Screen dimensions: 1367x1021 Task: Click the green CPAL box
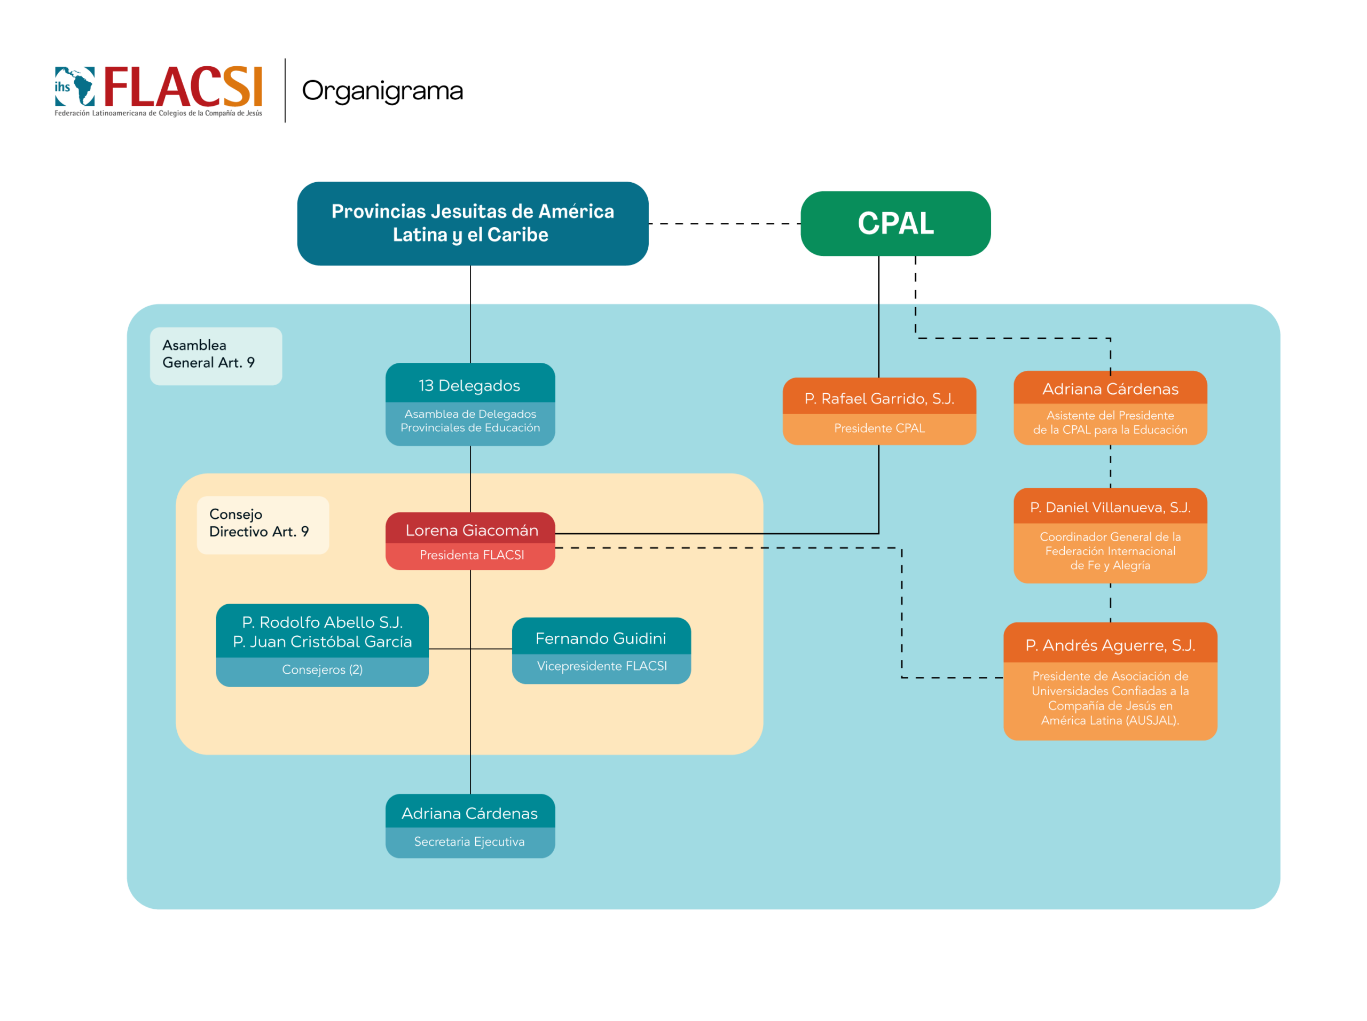(x=895, y=223)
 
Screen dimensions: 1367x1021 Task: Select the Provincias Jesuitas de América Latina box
(x=473, y=223)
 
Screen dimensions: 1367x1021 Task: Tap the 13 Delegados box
(x=470, y=404)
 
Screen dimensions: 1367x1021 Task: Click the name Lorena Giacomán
(x=472, y=531)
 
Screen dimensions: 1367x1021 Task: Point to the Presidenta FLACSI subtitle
(x=472, y=555)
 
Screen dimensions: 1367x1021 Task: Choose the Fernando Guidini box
(x=601, y=650)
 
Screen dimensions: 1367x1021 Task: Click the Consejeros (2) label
(x=323, y=669)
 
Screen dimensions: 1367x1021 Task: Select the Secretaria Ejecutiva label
(x=469, y=842)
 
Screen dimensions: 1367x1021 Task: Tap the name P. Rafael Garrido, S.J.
(x=879, y=399)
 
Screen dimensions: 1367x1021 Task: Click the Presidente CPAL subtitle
(x=879, y=428)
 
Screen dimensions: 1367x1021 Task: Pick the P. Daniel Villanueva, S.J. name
(x=1110, y=508)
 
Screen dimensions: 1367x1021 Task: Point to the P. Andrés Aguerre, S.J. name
(x=1110, y=645)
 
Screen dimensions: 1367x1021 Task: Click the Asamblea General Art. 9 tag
(x=216, y=356)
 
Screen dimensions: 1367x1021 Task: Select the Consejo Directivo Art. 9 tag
(x=263, y=525)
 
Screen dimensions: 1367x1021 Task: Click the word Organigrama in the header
(x=382, y=91)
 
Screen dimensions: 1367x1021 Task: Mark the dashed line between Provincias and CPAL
(x=725, y=224)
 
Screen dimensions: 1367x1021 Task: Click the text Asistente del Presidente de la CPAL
(x=1110, y=423)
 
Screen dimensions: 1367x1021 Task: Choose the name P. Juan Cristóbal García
(x=323, y=642)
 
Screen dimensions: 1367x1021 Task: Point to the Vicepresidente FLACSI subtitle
(x=602, y=666)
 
